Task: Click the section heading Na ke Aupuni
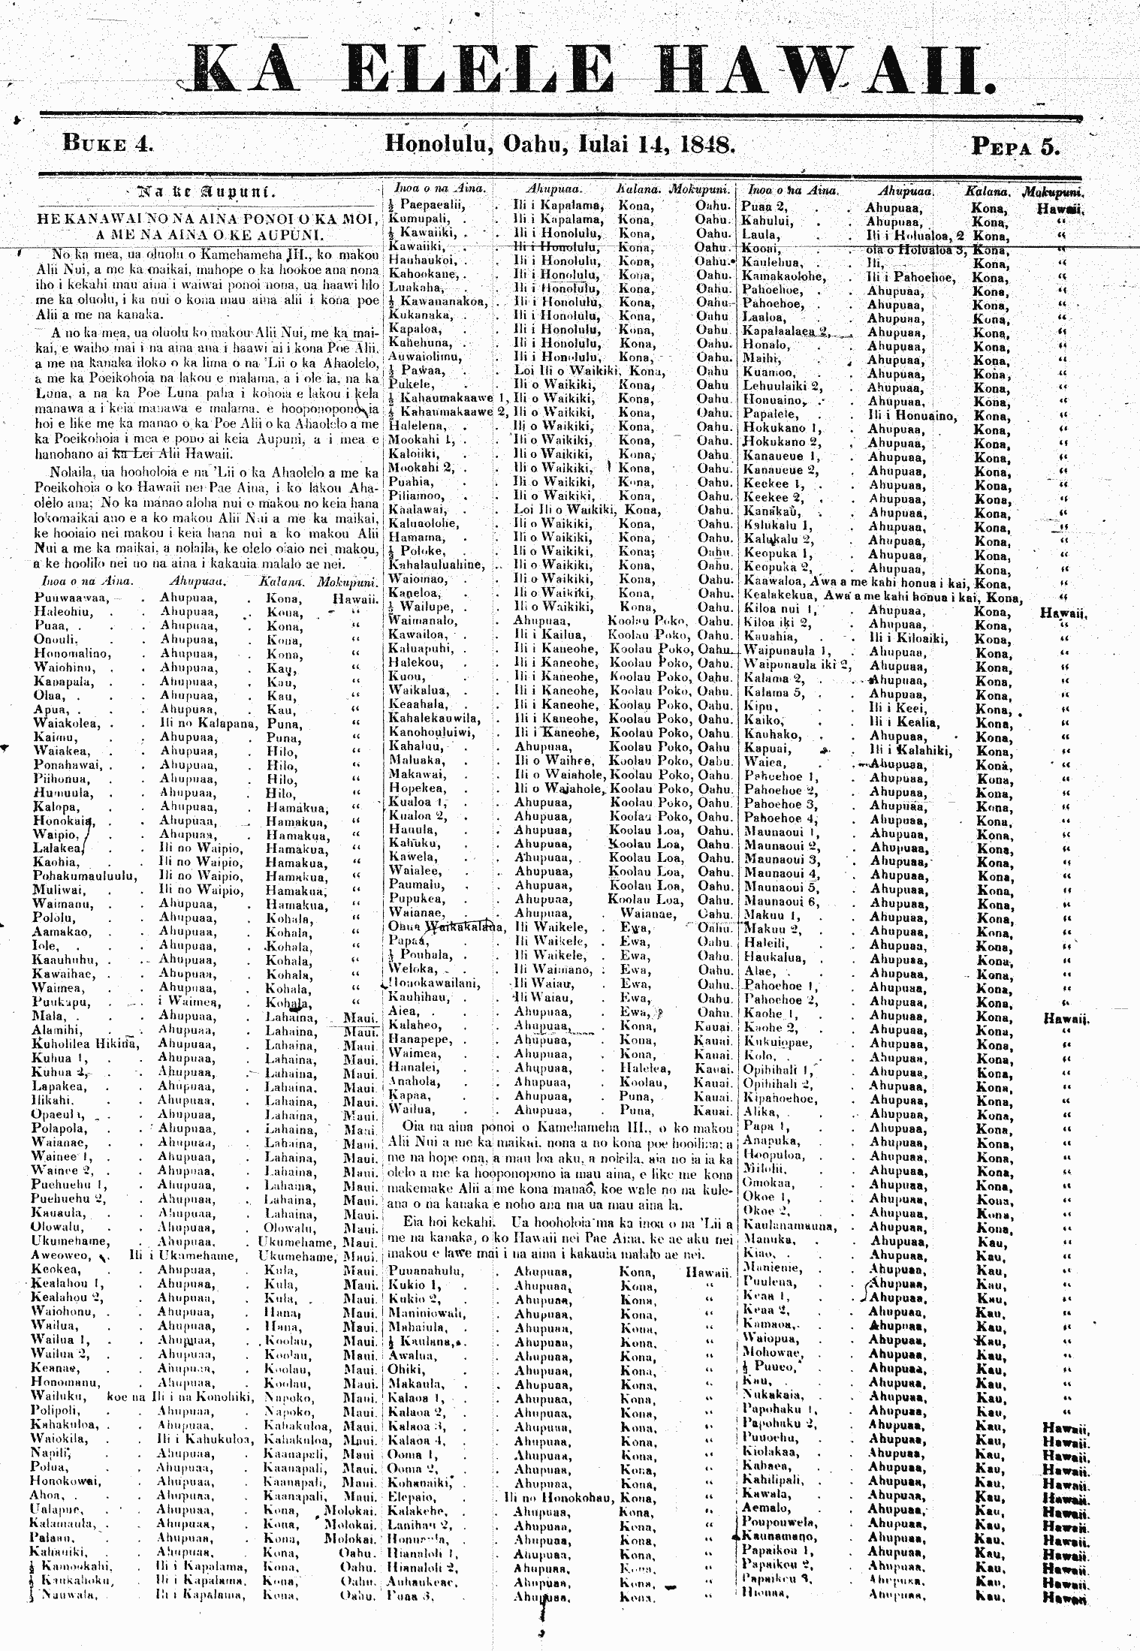pos(204,192)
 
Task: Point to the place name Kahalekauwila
pos(435,719)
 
